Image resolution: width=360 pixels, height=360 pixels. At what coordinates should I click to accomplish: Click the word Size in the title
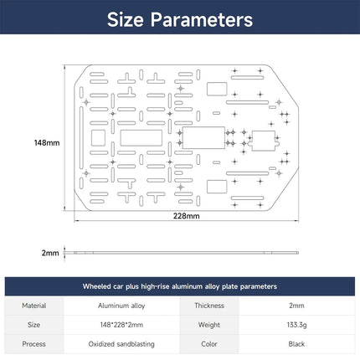click(x=126, y=19)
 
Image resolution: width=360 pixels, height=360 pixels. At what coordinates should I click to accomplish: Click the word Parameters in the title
click(x=202, y=19)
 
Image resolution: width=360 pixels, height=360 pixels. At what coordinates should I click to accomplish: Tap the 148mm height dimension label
click(x=47, y=142)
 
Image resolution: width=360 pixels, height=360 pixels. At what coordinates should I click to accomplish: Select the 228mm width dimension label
click(x=186, y=216)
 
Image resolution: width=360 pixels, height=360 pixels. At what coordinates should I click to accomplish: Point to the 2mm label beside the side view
click(x=50, y=253)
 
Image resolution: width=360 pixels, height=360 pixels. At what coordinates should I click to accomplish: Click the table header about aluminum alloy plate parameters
click(x=180, y=286)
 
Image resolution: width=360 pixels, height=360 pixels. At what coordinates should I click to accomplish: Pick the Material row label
click(x=34, y=306)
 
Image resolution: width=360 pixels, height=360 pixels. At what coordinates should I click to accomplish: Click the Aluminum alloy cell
click(x=121, y=306)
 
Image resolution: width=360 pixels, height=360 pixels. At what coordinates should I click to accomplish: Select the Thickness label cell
click(x=209, y=306)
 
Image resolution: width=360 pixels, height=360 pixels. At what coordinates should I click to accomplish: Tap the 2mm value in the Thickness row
click(x=296, y=306)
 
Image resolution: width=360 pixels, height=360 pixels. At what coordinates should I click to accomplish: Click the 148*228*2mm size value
click(x=121, y=325)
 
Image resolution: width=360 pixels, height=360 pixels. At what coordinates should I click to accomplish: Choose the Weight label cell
click(x=209, y=325)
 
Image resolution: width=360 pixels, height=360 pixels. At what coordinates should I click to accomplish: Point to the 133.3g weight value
click(x=296, y=325)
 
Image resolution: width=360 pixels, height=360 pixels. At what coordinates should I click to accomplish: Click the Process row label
click(x=33, y=344)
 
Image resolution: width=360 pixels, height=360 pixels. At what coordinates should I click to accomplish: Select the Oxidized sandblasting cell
click(x=121, y=344)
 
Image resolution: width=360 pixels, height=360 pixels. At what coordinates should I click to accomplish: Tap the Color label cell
click(x=209, y=344)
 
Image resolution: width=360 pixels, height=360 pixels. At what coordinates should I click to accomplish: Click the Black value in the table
click(x=296, y=344)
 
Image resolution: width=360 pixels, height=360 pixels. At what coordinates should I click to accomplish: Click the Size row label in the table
click(x=33, y=325)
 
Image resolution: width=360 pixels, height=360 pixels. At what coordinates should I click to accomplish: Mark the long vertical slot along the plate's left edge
click(x=81, y=138)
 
